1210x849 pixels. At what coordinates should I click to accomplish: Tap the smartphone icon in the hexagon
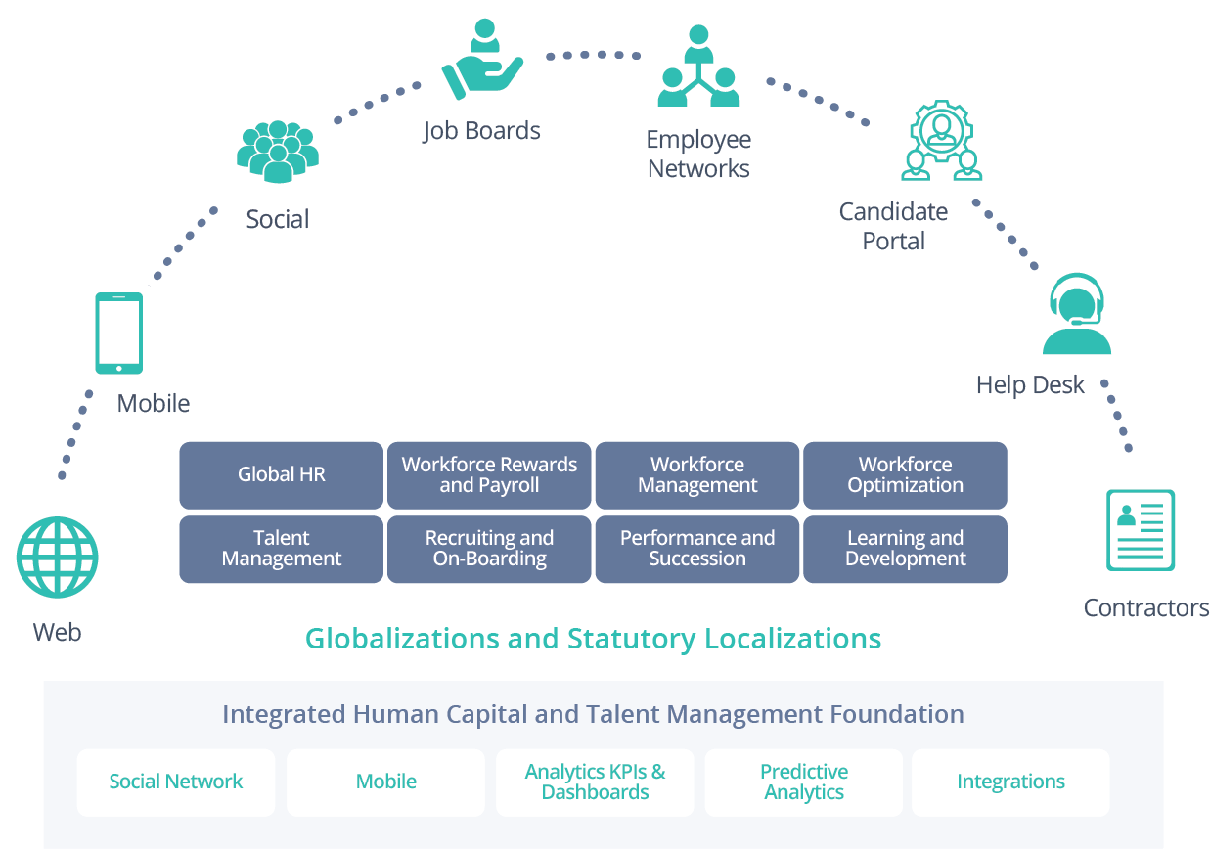[x=119, y=333]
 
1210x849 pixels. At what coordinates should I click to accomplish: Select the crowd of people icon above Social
[x=277, y=151]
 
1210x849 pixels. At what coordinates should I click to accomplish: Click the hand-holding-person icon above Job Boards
[x=482, y=60]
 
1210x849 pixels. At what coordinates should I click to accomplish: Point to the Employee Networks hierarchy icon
[x=697, y=68]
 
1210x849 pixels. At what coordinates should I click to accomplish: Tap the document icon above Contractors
[x=1141, y=529]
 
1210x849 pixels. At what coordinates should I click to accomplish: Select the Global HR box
[x=282, y=475]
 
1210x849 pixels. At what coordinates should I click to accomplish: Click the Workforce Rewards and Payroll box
[x=489, y=475]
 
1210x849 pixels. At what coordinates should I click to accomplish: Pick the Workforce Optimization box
[x=905, y=475]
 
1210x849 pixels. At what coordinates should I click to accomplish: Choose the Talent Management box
[x=282, y=549]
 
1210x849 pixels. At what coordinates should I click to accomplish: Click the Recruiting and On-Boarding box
[x=489, y=549]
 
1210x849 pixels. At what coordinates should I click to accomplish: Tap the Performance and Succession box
[x=697, y=549]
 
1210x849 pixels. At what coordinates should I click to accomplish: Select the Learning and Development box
[x=905, y=549]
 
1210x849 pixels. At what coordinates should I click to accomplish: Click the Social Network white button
[x=176, y=782]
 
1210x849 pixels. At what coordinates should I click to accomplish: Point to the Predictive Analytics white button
[x=804, y=782]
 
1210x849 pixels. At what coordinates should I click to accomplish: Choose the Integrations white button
[x=1010, y=782]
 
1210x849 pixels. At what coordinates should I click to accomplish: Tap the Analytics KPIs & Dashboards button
[x=595, y=782]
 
